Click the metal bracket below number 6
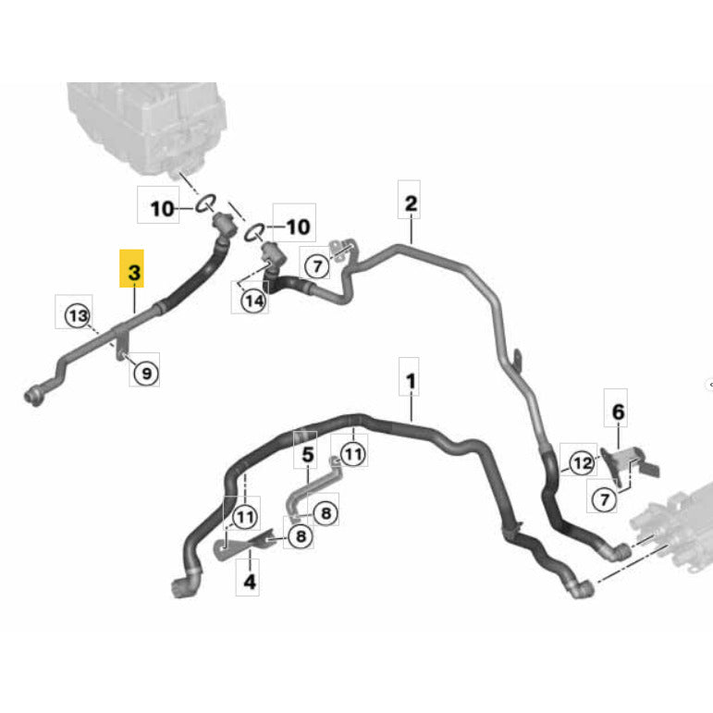click(x=629, y=466)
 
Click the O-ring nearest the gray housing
click(x=205, y=203)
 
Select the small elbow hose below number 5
click(x=313, y=488)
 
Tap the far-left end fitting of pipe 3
click(x=34, y=396)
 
